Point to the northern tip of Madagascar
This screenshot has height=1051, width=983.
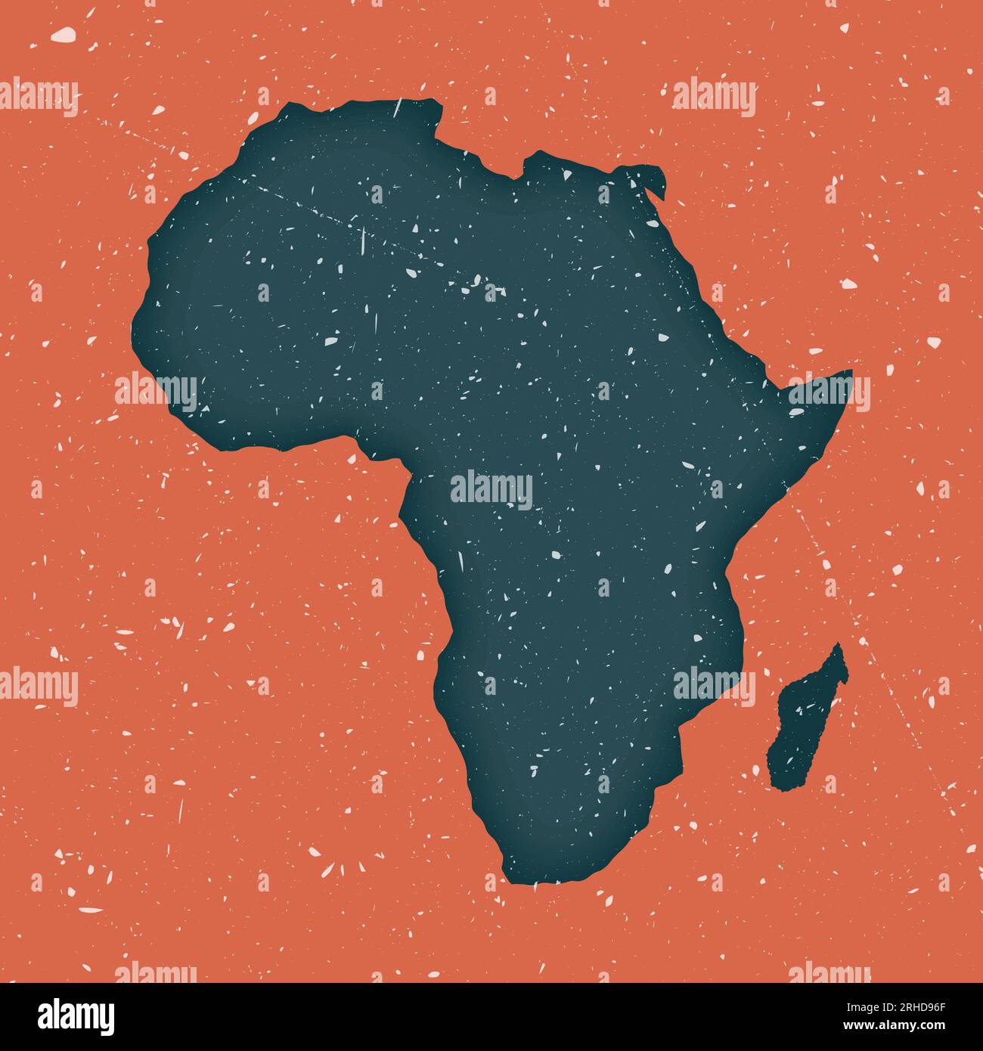pyautogui.click(x=838, y=645)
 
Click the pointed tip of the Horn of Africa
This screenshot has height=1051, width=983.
pyautogui.click(x=851, y=371)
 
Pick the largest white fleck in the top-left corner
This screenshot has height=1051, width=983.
pyautogui.click(x=63, y=34)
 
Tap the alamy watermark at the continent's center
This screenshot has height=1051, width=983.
pyautogui.click(x=491, y=488)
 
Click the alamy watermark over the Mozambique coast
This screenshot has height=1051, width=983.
pyautogui.click(x=714, y=686)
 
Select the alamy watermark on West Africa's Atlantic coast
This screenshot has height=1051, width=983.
pyautogui.click(x=156, y=392)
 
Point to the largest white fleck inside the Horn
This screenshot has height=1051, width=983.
pyautogui.click(x=797, y=411)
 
